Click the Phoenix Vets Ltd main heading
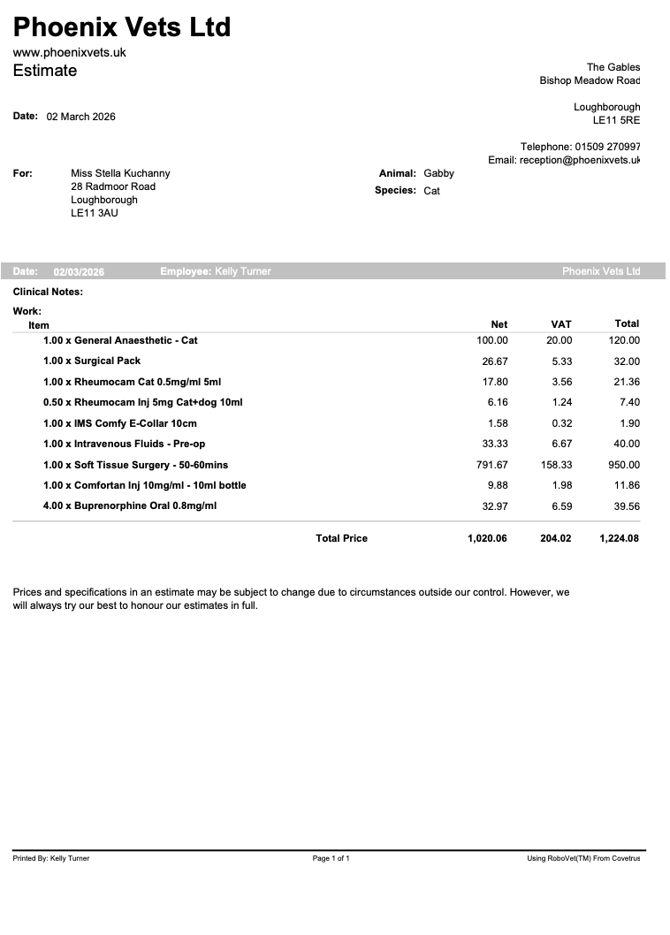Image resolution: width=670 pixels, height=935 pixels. [x=122, y=27]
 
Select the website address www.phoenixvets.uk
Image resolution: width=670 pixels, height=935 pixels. [x=70, y=52]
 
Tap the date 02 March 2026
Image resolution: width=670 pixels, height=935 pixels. [x=80, y=117]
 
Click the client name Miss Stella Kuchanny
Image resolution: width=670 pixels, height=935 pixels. [x=120, y=173]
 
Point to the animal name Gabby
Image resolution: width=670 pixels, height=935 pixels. [x=438, y=173]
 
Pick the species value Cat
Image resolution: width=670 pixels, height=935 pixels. [x=431, y=191]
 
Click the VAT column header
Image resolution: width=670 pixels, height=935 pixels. [x=561, y=324]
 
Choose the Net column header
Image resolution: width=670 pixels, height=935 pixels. [x=499, y=324]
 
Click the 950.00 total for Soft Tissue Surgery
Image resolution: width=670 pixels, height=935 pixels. [x=624, y=465]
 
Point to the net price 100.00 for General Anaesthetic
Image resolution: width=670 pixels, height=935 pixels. [x=492, y=340]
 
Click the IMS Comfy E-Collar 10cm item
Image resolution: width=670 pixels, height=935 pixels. [x=120, y=423]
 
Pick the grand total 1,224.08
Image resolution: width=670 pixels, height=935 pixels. [x=619, y=538]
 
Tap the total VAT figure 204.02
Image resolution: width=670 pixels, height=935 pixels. [x=556, y=538]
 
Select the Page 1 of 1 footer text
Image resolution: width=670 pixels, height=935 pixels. [x=331, y=858]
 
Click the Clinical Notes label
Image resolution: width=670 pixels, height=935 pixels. [x=48, y=292]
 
